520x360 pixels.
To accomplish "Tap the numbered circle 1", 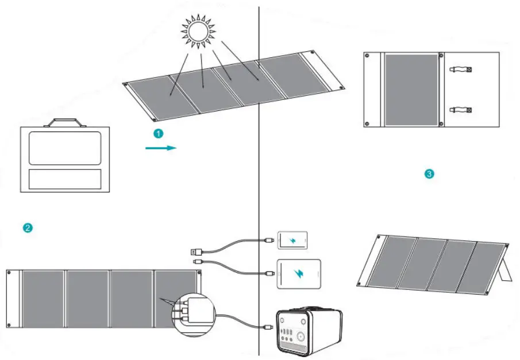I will [x=159, y=133].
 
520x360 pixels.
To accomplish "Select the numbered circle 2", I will [x=27, y=228].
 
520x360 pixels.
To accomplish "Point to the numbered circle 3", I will [x=429, y=173].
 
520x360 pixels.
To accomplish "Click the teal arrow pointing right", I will [x=160, y=148].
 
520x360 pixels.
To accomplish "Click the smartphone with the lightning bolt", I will [x=292, y=240].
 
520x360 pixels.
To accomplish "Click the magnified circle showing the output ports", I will [x=193, y=313].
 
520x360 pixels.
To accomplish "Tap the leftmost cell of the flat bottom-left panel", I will [x=43, y=300].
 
